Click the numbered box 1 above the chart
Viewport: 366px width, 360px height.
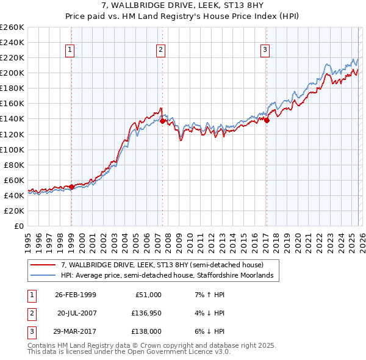[x=70, y=50]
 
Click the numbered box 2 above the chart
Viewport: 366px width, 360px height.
[x=160, y=50]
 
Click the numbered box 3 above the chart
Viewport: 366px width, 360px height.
[x=265, y=50]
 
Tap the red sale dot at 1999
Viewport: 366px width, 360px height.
[x=71, y=187]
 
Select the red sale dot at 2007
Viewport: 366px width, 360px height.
[x=162, y=121]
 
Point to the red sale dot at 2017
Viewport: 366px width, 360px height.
[x=267, y=120]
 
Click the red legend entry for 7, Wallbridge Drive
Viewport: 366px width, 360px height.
[x=162, y=265]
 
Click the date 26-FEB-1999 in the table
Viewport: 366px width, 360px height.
[x=75, y=295]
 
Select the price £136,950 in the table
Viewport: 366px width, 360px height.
[x=144, y=313]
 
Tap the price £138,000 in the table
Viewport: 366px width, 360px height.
[x=144, y=331]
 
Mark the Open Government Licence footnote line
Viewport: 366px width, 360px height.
[x=129, y=352]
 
